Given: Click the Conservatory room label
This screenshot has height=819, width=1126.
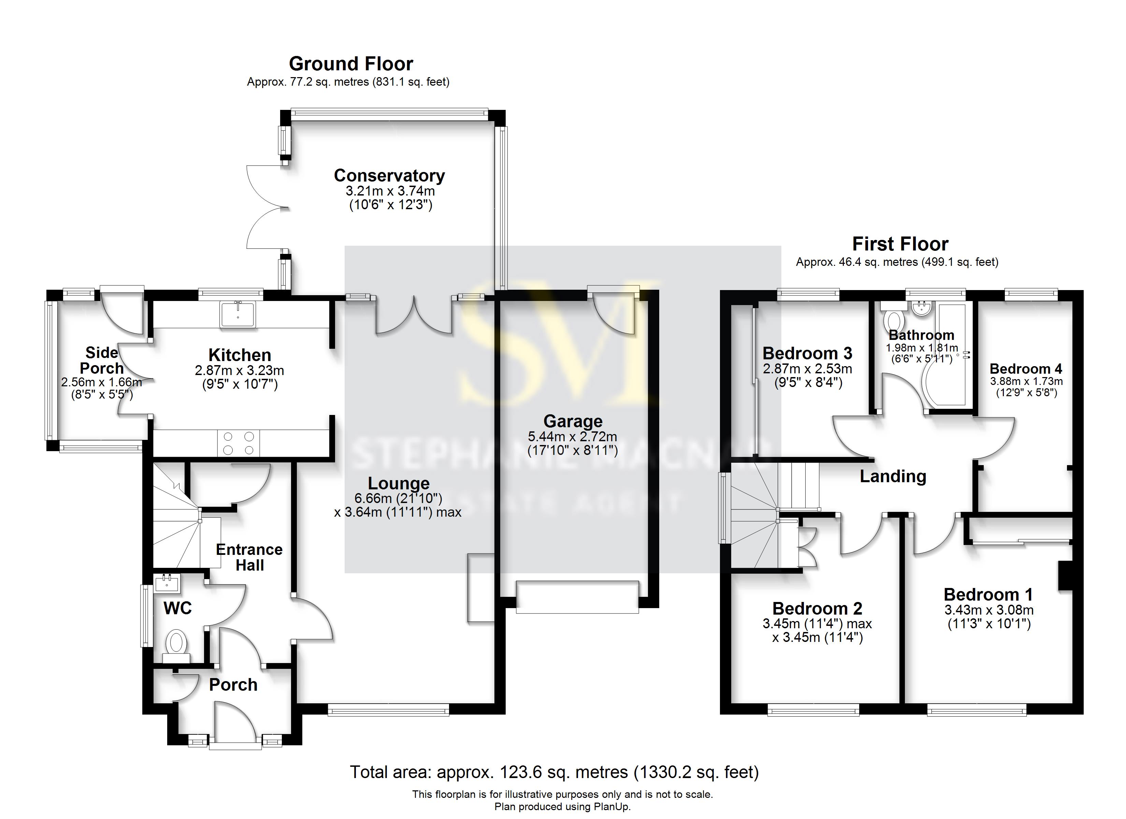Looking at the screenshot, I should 389,176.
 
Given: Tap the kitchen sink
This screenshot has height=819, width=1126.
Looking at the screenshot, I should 238,314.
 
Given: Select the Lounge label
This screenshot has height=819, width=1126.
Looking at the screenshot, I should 399,483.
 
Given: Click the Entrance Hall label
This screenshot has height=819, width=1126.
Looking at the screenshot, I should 249,557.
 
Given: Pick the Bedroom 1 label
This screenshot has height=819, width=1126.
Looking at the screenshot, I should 988,594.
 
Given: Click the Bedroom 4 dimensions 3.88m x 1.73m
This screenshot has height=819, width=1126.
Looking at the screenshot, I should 1026,382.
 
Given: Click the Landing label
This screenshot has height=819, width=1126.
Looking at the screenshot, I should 893,476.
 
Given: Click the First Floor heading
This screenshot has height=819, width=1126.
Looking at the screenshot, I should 900,244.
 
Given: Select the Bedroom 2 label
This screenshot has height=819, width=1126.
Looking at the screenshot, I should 817,608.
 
